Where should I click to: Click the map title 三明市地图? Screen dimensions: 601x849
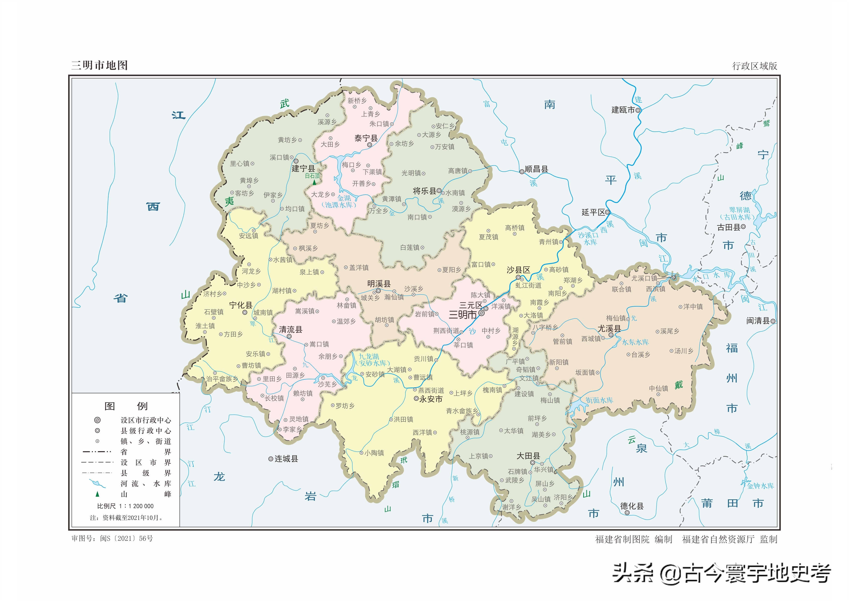tap(99, 66)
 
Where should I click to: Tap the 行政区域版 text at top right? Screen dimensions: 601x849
tap(754, 66)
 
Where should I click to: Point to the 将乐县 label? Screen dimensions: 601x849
tap(425, 191)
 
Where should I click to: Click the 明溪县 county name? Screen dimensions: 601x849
tap(379, 284)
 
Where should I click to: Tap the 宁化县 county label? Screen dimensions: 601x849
tap(241, 305)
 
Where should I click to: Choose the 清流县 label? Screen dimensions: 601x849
tap(291, 329)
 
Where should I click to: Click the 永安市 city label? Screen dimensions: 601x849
tap(431, 399)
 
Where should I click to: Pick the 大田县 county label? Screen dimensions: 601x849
tap(528, 456)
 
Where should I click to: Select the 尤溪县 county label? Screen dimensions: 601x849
tap(609, 329)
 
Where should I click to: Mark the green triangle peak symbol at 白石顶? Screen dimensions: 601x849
tap(314, 182)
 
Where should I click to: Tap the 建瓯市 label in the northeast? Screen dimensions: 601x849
tap(623, 110)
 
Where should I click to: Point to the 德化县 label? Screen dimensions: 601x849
tap(632, 506)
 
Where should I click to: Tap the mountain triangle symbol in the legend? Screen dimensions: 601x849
tap(97, 494)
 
